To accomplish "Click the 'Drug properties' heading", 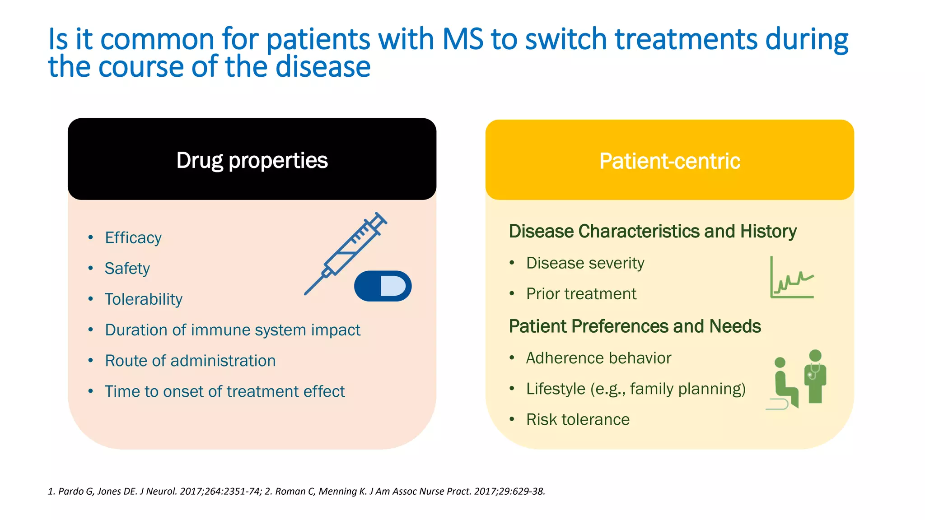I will click(252, 161).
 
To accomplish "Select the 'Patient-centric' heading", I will click(669, 161).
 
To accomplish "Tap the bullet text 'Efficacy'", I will click(133, 238).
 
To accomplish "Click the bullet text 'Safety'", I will click(127, 269).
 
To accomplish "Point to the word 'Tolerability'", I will click(143, 299).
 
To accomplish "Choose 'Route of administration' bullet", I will click(190, 361).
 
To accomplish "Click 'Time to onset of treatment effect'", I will click(224, 391).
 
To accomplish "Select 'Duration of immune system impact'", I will click(232, 330).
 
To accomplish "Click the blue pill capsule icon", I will click(383, 286).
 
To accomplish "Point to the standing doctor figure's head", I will click(815, 355).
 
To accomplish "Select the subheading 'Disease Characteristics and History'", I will click(652, 231).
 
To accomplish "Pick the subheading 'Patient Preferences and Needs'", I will click(635, 326).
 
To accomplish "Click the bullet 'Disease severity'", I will click(585, 263).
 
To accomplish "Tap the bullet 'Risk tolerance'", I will click(577, 419).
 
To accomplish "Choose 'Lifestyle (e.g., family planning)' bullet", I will click(635, 389).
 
